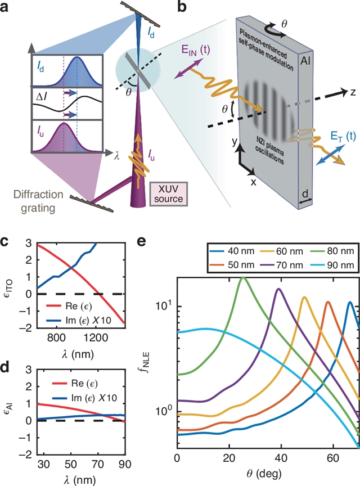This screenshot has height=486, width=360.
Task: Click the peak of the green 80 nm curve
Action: [x=242, y=277]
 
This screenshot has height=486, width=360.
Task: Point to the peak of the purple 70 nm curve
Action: [x=278, y=289]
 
